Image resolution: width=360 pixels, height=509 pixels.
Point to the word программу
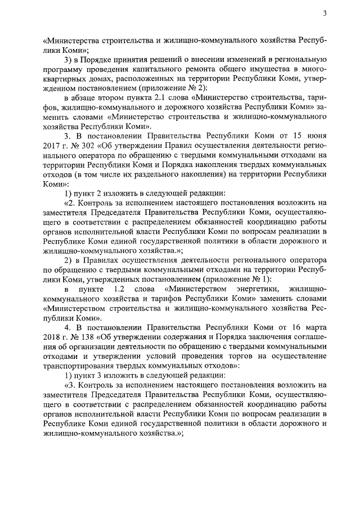tap(64, 69)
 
